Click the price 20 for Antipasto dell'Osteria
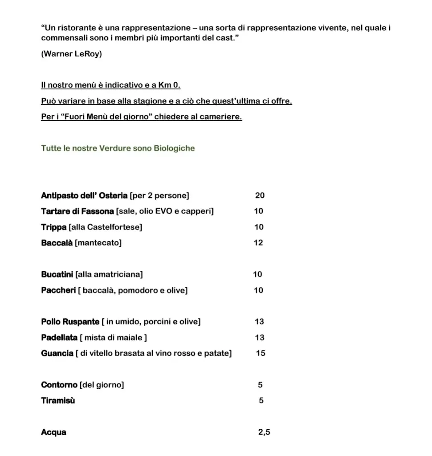pos(260,195)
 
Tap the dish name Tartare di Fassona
pos(77,211)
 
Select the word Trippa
pos(53,227)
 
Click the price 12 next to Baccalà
pos(258,243)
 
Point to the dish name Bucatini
pos(57,274)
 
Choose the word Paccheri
pos(58,290)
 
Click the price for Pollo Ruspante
pos(260,322)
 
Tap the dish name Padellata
pos(59,338)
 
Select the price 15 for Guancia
pos(261,353)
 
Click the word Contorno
pos(59,385)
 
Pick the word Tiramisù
pos(58,400)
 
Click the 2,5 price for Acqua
pos(264,432)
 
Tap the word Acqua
pos(53,432)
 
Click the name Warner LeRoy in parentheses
pos(71,54)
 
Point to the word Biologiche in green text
pos(174,148)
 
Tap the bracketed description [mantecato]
pos(98,243)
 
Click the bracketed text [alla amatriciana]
pos(109,274)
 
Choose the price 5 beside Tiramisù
pos(261,400)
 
